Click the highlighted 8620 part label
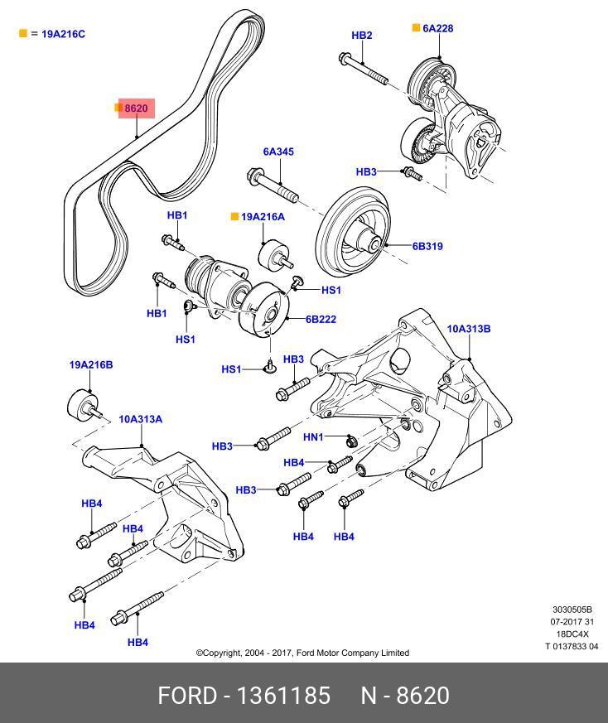[136, 108]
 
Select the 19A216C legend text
[63, 34]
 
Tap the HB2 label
[362, 36]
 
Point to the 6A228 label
[438, 29]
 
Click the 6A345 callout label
[278, 152]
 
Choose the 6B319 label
[427, 246]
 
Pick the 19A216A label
[263, 217]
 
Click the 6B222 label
[321, 319]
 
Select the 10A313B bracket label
[469, 329]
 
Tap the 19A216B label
[91, 364]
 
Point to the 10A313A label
[141, 419]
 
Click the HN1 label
[313, 436]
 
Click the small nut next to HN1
[352, 441]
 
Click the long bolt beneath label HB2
[363, 69]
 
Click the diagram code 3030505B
[572, 610]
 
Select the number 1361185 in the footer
[283, 696]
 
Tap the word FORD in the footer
[187, 696]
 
